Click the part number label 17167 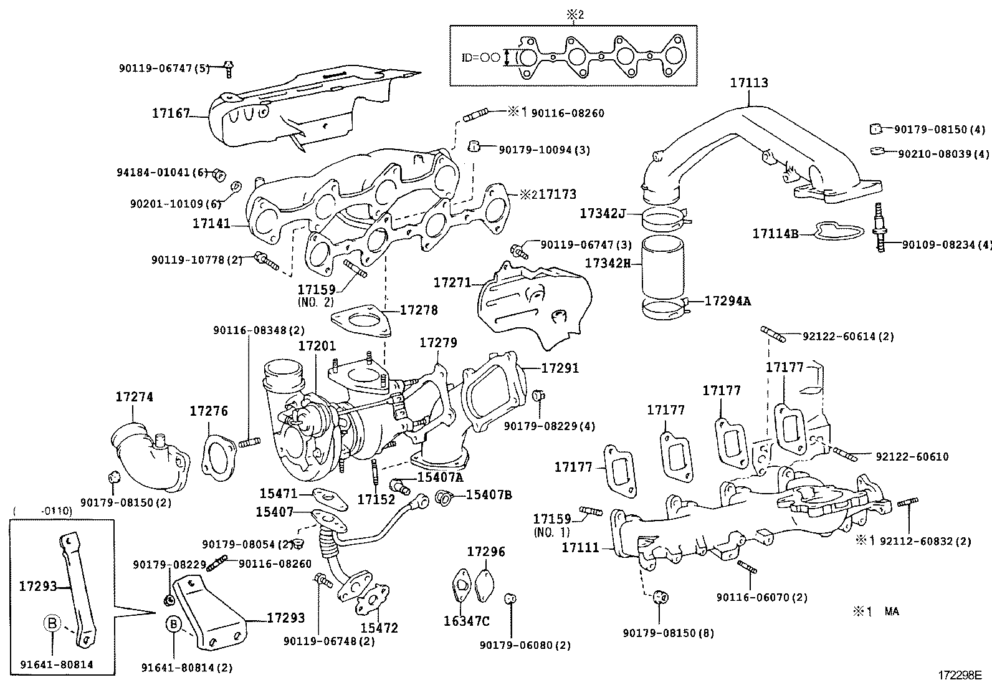pyautogui.click(x=171, y=113)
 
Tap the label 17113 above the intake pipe pyautogui.click(x=749, y=83)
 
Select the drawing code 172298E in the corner pyautogui.click(x=960, y=674)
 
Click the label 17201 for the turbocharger pyautogui.click(x=317, y=346)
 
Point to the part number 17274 pyautogui.click(x=134, y=397)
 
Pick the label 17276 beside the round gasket pyautogui.click(x=209, y=411)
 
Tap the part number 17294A pyautogui.click(x=727, y=301)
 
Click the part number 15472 pyautogui.click(x=379, y=628)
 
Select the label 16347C pyautogui.click(x=466, y=621)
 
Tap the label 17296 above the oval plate pyautogui.click(x=486, y=552)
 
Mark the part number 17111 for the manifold pyautogui.click(x=579, y=547)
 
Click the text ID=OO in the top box pyautogui.click(x=480, y=57)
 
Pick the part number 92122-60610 pyautogui.click(x=912, y=457)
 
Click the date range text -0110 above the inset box pyautogui.click(x=56, y=510)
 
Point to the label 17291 pyautogui.click(x=560, y=368)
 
